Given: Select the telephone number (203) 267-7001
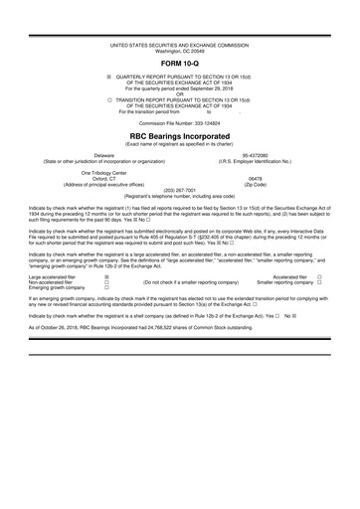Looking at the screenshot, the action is point(179,193).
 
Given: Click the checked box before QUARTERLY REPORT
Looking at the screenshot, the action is point(108,76).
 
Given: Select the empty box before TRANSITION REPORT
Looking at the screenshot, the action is point(108,100).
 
